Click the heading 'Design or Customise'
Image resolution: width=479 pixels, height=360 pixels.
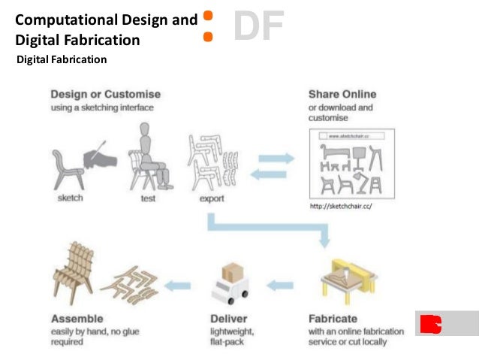(x=105, y=95)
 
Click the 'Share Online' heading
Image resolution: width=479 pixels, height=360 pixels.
(x=342, y=95)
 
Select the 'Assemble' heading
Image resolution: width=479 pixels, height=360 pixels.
(x=77, y=319)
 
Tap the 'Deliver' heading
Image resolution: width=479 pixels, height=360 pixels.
(x=228, y=319)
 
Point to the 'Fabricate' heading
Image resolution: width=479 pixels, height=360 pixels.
(x=333, y=319)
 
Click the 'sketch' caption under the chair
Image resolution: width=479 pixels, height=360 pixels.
(x=71, y=198)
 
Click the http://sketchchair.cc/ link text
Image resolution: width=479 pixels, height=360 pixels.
(x=341, y=205)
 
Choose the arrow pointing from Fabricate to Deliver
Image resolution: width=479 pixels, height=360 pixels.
(x=280, y=286)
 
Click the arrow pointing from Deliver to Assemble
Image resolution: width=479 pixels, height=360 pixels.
(x=177, y=286)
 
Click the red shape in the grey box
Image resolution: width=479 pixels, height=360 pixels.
(x=431, y=323)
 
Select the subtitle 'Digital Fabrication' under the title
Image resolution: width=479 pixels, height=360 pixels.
(x=62, y=59)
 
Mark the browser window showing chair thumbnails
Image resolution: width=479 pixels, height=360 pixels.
(x=351, y=163)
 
